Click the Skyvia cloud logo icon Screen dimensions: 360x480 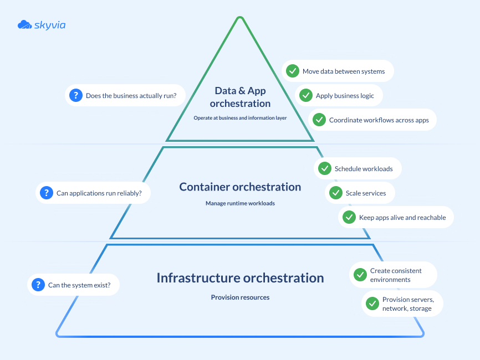tap(24, 24)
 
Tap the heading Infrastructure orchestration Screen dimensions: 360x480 tap(240, 277)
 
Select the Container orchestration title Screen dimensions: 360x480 tap(240, 187)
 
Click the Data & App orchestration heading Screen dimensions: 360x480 tap(240, 97)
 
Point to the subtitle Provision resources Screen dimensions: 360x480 tap(240, 297)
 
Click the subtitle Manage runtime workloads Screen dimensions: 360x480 tap(240, 203)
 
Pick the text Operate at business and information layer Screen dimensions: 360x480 tap(240, 118)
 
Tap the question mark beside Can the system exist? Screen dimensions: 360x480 tap(38, 285)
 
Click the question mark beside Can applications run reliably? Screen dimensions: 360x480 tap(46, 193)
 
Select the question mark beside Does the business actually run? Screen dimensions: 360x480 tap(75, 96)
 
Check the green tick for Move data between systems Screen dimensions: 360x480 tap(292, 71)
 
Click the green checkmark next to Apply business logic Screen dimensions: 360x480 tap(305, 95)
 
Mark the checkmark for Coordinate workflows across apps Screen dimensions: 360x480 tap(319, 120)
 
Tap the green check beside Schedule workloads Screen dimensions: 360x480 tap(324, 168)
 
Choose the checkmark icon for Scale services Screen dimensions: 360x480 tap(335, 193)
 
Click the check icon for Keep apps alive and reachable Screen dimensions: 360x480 tap(349, 217)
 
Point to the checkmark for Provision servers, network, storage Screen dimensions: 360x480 tap(372, 304)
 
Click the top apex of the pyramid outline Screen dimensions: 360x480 tap(239, 19)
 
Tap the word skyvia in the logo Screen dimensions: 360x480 tap(49, 25)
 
